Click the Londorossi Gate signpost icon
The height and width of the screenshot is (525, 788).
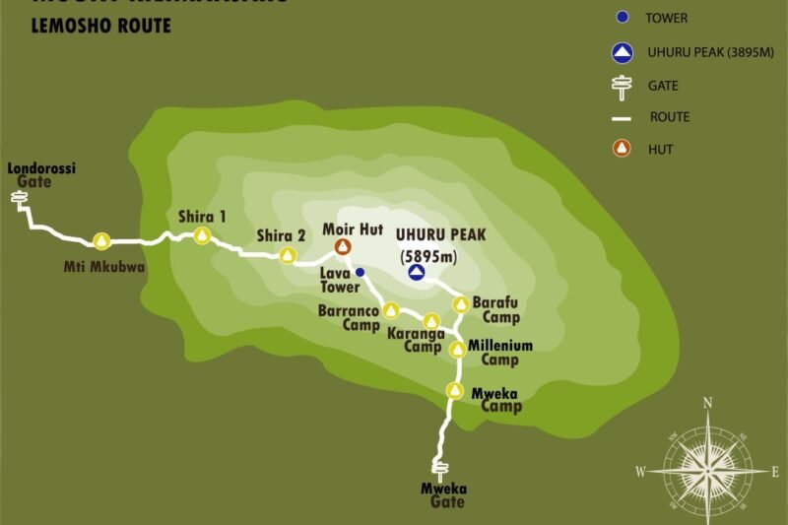point(19,200)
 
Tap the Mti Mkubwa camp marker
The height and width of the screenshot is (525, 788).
point(100,241)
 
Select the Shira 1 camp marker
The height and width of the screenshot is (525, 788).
point(202,235)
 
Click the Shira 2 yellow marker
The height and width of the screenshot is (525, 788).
point(288,256)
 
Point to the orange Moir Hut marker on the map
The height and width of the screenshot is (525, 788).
point(343,247)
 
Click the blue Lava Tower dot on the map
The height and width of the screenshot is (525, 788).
point(360,272)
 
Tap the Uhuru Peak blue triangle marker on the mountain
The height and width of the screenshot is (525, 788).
point(417,273)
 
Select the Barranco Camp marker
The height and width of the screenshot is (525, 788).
point(390,311)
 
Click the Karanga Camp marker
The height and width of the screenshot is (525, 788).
point(430,321)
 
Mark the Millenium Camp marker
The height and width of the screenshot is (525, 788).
point(457,350)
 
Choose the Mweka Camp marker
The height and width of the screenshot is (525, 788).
point(454,391)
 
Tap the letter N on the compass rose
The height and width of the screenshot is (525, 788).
point(707,402)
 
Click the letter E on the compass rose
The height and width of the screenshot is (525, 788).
point(775,472)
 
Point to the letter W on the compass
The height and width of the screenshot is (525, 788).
point(640,472)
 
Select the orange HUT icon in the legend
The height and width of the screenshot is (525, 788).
point(621,150)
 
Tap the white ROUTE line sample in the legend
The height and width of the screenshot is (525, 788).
point(620,117)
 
